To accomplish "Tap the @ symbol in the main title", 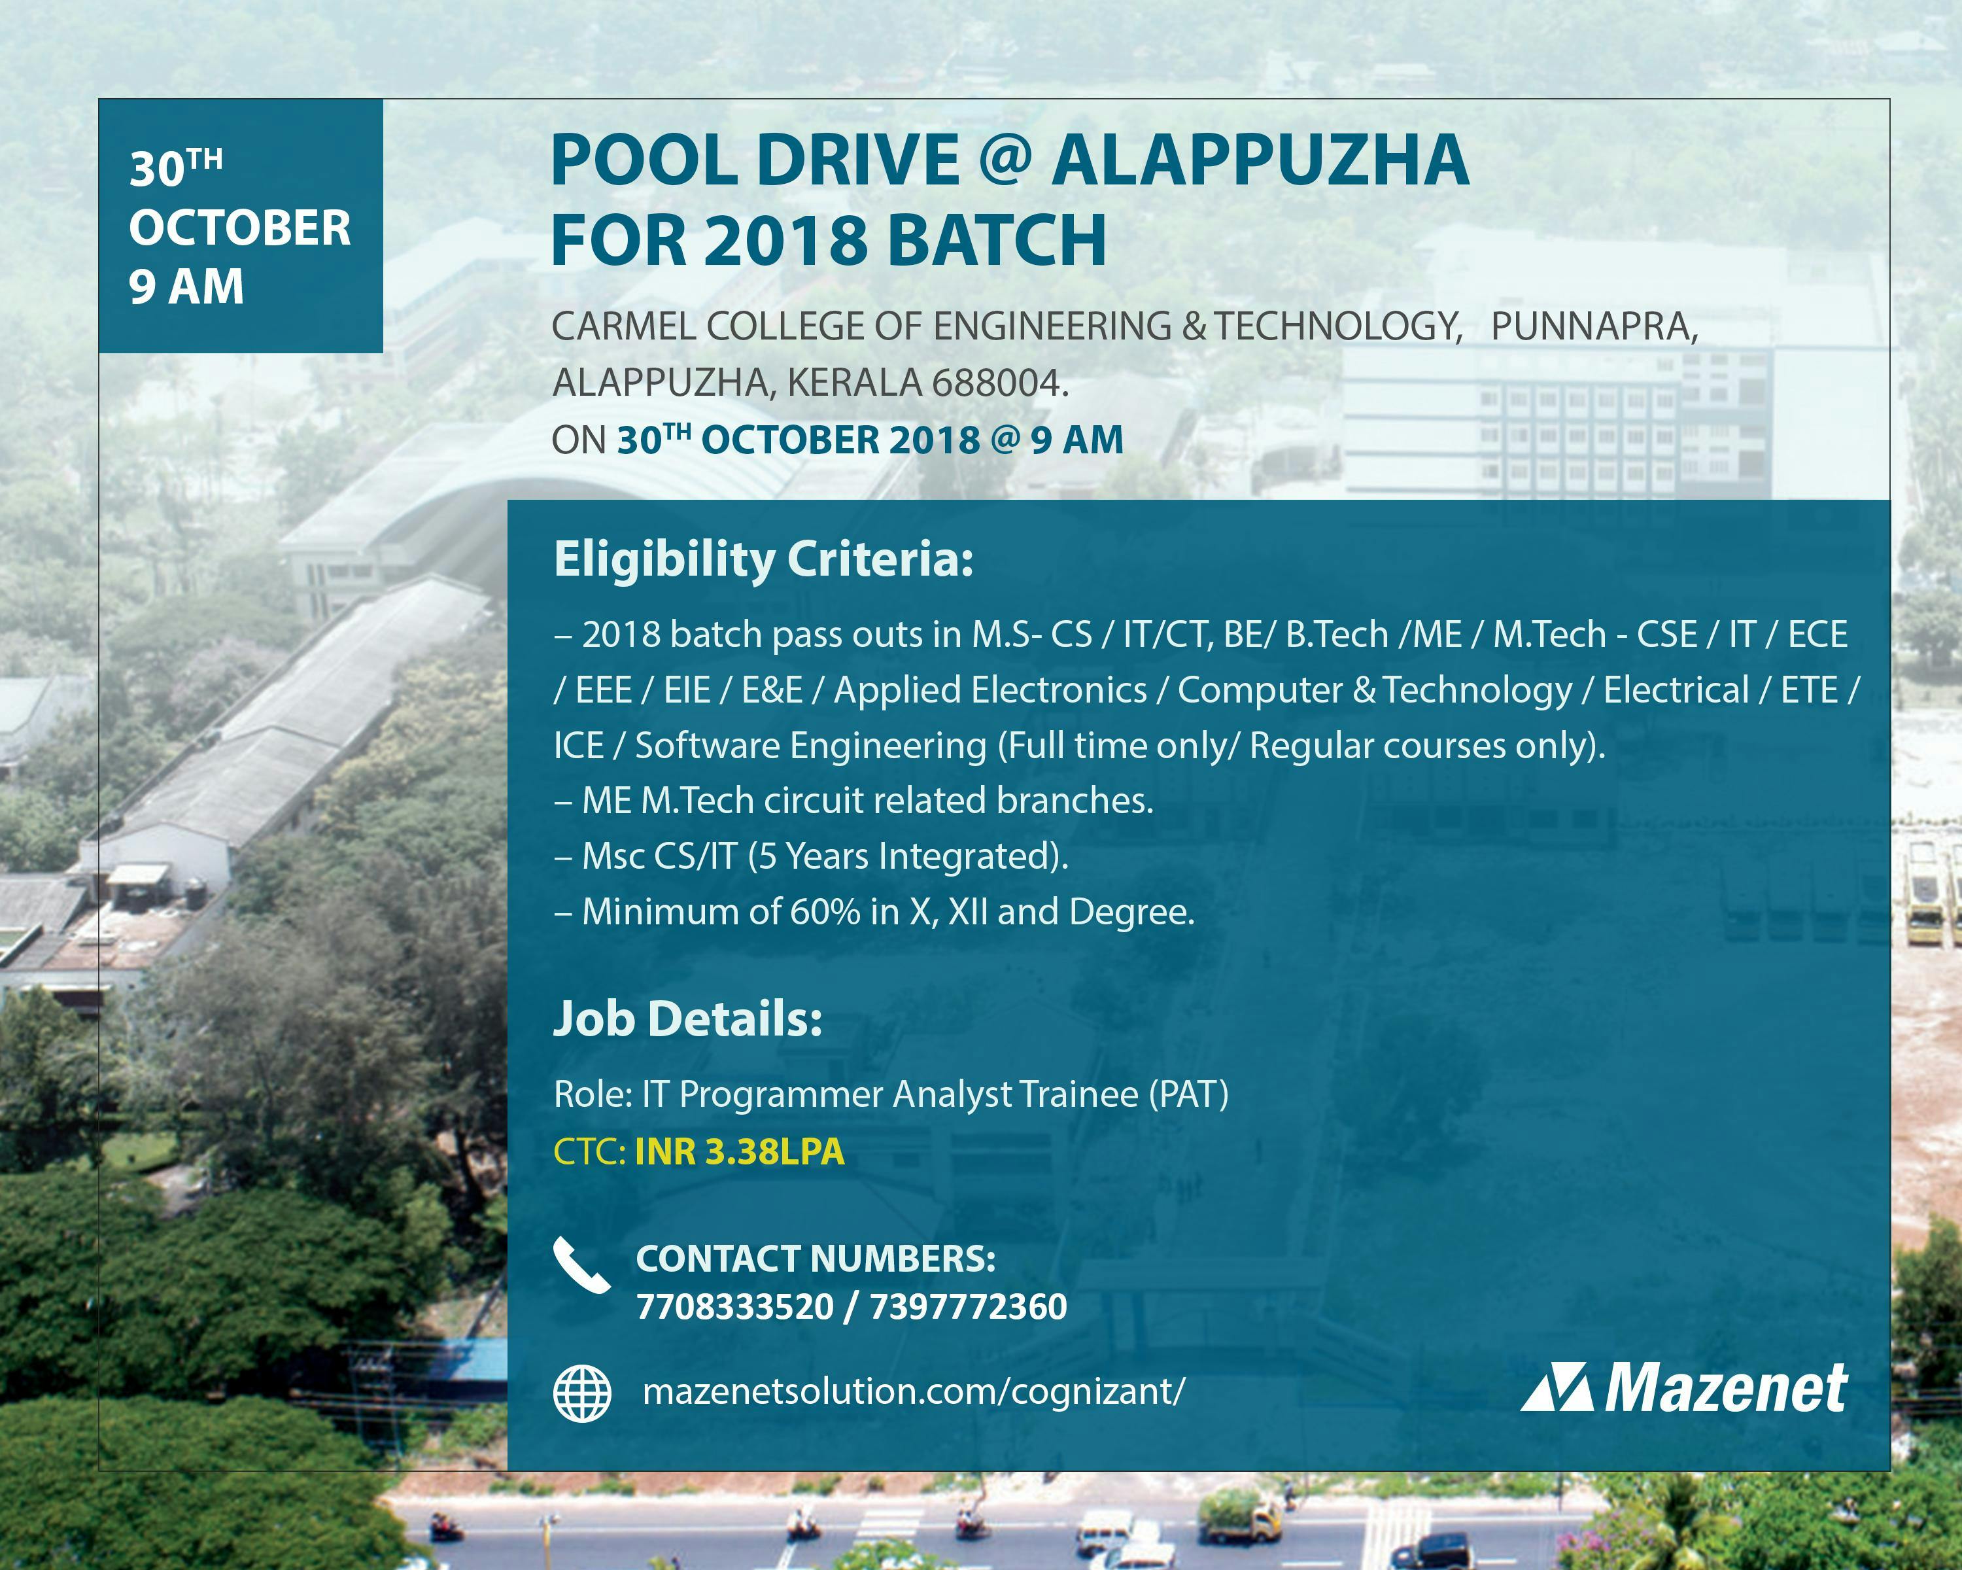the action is click(1006, 159).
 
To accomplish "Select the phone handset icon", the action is click(581, 1265).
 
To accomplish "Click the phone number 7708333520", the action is click(734, 1307).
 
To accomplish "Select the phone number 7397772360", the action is click(969, 1307).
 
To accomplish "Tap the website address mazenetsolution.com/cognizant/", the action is click(914, 1391).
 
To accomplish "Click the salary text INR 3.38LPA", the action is click(739, 1152).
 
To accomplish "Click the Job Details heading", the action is click(688, 1019).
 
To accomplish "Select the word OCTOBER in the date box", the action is click(239, 228).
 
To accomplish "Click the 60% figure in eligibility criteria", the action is click(825, 912).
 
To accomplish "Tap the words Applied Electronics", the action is click(990, 691).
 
